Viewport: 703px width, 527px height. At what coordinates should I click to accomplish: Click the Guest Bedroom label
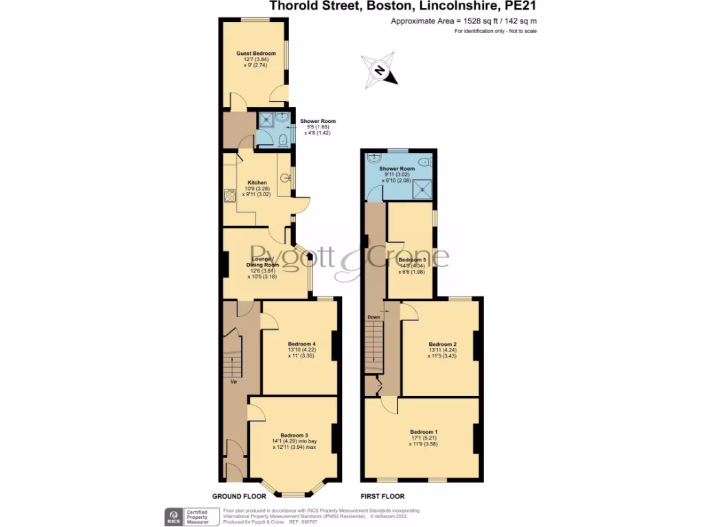(256, 54)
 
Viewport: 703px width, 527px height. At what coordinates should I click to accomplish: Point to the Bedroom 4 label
(301, 344)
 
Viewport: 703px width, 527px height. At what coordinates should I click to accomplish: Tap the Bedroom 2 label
(442, 344)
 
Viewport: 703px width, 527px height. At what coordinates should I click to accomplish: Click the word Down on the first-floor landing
(373, 317)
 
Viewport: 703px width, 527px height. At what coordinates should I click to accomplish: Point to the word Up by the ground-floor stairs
(233, 382)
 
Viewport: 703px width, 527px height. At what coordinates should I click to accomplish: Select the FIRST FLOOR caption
(383, 496)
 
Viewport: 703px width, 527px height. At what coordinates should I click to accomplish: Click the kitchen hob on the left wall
(229, 195)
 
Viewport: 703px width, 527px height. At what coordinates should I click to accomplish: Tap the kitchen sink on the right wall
(286, 179)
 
